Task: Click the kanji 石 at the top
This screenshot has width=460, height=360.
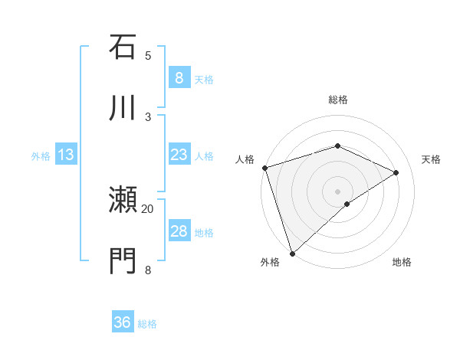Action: point(123,47)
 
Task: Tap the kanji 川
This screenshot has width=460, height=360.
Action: point(123,108)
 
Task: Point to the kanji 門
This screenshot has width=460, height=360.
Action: point(123,261)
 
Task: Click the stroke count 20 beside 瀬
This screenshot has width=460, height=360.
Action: point(148,208)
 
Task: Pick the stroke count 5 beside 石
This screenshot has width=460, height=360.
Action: point(148,55)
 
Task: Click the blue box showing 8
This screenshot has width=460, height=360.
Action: point(179,77)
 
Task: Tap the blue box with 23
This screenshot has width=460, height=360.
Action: point(179,155)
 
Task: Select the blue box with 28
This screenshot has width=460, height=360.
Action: point(179,231)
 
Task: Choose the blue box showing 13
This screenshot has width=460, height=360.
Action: point(66,155)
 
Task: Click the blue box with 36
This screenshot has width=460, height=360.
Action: point(123,322)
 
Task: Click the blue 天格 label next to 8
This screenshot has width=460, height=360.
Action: point(204,79)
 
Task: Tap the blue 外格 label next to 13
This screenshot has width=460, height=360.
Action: point(41,156)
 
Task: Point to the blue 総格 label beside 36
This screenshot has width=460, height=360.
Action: point(148,324)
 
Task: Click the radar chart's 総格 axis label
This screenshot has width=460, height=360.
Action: point(338,100)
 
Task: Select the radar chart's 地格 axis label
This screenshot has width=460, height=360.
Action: point(402,262)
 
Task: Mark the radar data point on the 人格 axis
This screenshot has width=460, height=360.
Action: point(264,168)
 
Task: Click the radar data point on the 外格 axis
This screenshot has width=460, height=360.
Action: point(292,253)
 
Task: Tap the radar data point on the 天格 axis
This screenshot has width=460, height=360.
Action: point(396,172)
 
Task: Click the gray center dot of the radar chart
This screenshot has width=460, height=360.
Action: point(337,191)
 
